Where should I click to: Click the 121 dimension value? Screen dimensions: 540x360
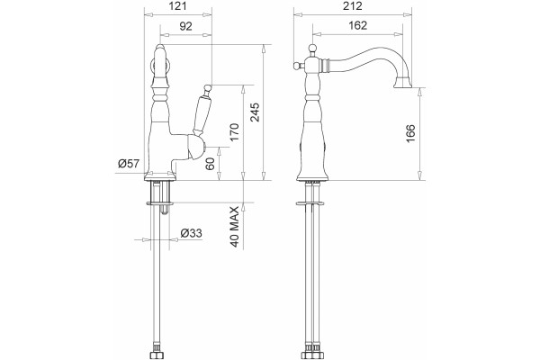177,6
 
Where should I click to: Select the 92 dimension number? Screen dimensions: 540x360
186,26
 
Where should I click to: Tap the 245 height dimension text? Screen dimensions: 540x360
256,112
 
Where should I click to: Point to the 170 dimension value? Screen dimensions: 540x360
234,132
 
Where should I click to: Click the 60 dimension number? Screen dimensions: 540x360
210,164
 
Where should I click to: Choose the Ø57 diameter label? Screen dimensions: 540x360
129,163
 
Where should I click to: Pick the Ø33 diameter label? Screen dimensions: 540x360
191,233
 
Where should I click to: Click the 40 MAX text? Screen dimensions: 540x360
235,227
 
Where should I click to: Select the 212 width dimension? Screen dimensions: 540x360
353,6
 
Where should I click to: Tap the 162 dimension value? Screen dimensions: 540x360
358,25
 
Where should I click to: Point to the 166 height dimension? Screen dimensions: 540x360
410,133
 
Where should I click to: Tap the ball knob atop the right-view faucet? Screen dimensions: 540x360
312,49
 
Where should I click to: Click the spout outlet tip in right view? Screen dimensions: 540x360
403,83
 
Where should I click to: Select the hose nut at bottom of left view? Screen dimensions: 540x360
157,355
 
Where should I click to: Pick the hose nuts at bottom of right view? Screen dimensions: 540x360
312,355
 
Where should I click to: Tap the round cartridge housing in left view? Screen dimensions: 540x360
195,148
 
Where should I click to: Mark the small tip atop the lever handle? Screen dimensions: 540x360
207,87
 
